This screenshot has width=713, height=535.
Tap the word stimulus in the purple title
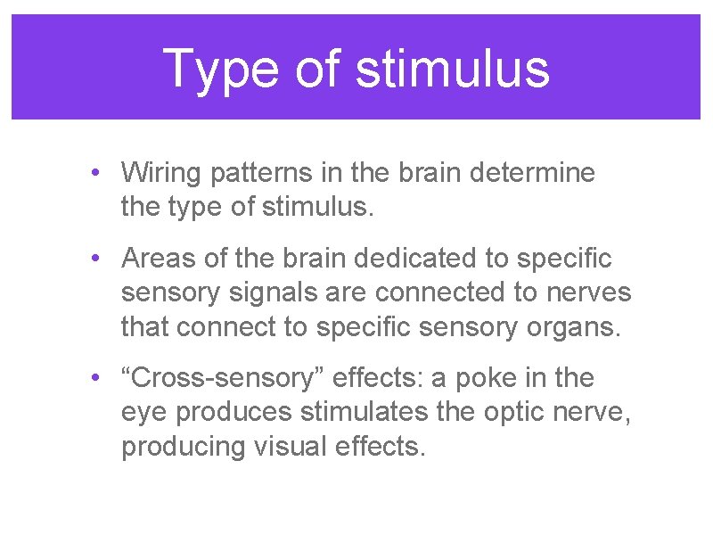452,69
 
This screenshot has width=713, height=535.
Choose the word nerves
586,292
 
